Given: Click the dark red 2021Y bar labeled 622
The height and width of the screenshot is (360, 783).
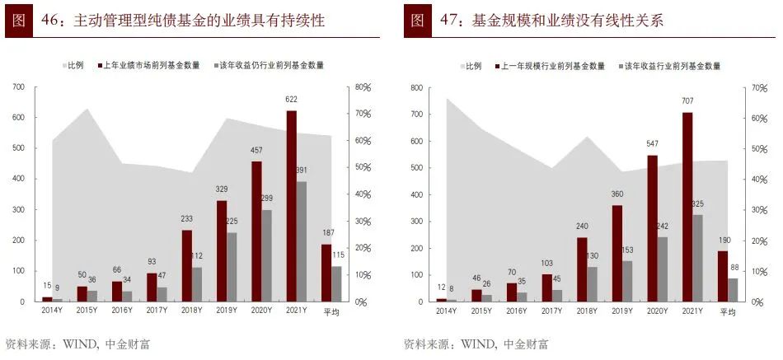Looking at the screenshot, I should (291, 206).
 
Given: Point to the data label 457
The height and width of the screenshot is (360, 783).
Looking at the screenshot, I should (256, 150).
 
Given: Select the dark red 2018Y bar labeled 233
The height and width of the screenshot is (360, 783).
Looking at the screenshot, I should (186, 265).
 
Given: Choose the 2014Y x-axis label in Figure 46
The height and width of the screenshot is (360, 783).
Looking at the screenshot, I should (52, 311).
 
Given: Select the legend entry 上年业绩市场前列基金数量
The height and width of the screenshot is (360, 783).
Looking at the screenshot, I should (152, 65).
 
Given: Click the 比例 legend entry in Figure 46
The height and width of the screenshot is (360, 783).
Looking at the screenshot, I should (75, 65).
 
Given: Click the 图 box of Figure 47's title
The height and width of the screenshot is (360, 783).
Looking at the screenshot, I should (418, 21).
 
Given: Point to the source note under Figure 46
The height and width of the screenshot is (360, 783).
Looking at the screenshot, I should (77, 344).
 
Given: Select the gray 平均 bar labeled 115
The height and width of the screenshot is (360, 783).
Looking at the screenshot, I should (336, 283).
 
